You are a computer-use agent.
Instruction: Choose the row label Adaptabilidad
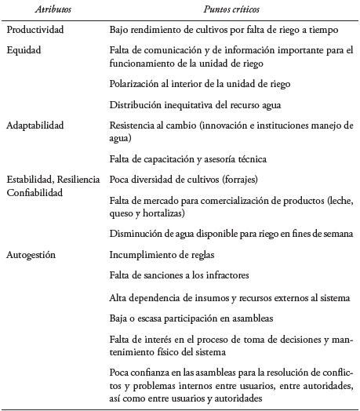click(36, 124)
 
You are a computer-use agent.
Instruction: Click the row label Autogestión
click(33, 254)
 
